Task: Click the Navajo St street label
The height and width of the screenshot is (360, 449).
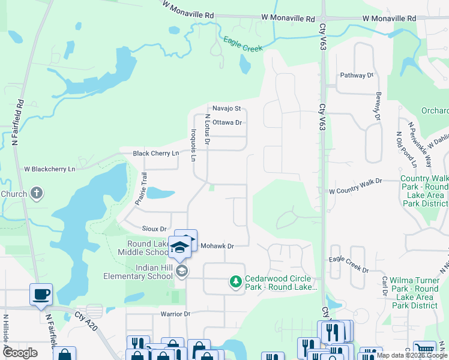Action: pos(226,109)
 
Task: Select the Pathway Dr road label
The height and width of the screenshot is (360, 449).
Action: pos(357,76)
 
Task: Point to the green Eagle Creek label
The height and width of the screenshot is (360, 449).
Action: pos(243,44)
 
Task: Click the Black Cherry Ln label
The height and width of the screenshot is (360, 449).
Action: pos(156,154)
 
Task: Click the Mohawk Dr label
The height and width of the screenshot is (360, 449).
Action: pos(217,246)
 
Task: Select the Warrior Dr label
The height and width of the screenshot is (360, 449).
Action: pos(175,314)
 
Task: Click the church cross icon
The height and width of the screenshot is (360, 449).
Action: pos(37,193)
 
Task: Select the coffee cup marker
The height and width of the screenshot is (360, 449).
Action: pos(41,295)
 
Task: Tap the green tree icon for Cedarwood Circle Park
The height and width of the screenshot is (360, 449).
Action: pos(236,281)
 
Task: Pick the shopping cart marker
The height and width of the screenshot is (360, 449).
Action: pos(424,350)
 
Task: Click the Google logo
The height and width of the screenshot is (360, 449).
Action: pos(20,353)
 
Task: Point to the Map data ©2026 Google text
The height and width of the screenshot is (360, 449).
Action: pos(412,355)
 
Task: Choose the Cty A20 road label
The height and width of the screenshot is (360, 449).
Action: pos(85,316)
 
